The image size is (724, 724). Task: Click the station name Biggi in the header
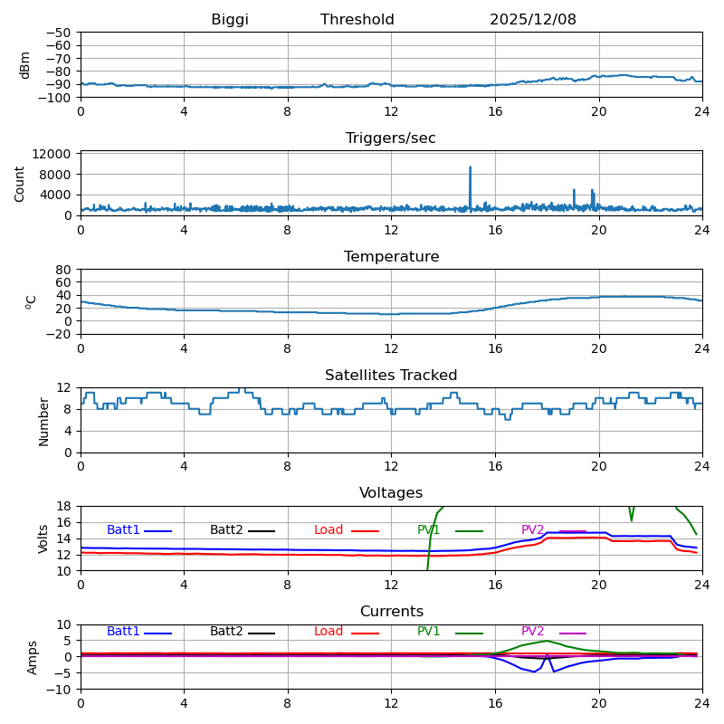(x=230, y=20)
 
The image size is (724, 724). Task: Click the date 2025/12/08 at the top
(x=533, y=20)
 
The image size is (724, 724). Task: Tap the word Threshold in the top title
(x=357, y=20)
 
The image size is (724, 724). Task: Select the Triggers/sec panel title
(x=391, y=138)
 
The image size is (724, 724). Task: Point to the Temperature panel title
(x=391, y=257)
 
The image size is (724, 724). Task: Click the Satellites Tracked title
(x=391, y=376)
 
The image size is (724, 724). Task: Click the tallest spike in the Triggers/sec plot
(x=471, y=168)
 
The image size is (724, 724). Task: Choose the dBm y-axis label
(x=25, y=64)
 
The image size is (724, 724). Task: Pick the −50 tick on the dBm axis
(x=61, y=33)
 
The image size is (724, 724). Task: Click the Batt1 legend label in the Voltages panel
(x=123, y=530)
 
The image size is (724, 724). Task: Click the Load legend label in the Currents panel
(x=329, y=632)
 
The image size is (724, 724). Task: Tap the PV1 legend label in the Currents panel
(x=429, y=632)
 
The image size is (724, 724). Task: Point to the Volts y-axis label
(x=44, y=538)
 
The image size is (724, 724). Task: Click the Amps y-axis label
(x=33, y=657)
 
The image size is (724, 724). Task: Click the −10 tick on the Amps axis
(x=61, y=690)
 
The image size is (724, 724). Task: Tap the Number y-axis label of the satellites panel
(x=44, y=421)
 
